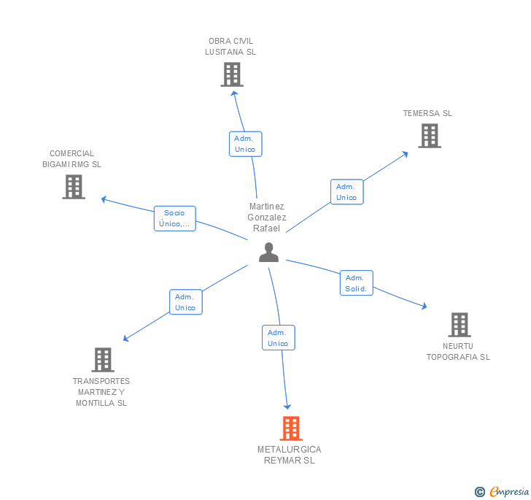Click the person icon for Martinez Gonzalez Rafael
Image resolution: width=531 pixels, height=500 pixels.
[269, 252]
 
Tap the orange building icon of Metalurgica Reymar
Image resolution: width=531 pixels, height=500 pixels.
[291, 428]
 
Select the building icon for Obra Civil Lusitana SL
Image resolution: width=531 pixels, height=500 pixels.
[231, 74]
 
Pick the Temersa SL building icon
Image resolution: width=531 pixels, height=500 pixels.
[429, 136]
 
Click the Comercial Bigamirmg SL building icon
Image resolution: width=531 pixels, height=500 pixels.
[74, 187]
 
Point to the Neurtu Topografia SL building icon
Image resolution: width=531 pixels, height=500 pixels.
[459, 325]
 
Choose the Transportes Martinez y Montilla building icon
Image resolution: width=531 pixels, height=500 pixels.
[103, 360]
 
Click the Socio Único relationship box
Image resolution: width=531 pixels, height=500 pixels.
[175, 218]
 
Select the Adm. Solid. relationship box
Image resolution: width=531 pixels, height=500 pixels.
[356, 283]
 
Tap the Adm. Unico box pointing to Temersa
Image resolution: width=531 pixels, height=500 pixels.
[346, 192]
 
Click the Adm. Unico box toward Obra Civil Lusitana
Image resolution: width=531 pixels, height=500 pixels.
[245, 144]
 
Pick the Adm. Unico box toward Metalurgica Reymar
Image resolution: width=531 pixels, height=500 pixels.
[278, 338]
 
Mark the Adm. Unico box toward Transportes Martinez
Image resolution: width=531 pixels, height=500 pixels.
[185, 302]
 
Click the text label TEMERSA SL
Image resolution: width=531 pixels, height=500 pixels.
[427, 113]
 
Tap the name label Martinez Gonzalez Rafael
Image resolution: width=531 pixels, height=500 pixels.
[267, 218]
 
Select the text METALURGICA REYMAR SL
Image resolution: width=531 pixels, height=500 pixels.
[290, 455]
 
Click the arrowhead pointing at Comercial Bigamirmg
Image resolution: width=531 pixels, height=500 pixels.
[104, 199]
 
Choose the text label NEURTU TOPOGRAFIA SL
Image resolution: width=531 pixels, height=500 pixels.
[458, 352]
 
